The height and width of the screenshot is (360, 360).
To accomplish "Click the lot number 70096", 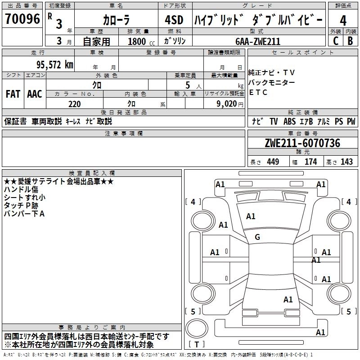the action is (22, 19).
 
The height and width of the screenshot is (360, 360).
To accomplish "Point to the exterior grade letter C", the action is (335, 40).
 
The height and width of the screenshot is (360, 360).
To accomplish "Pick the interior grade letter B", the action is (351, 40).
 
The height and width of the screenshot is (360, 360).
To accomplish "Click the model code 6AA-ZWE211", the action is (258, 41).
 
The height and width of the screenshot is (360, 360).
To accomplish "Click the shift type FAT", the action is (13, 94).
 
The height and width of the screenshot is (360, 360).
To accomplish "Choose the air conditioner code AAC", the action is (35, 94).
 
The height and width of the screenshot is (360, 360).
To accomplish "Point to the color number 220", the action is (74, 104).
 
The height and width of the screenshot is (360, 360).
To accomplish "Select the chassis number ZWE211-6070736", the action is (302, 143).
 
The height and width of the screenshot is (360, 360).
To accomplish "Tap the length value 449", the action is (272, 162).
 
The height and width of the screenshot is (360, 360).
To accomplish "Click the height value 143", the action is (346, 162).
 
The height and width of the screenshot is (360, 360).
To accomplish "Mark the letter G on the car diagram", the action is (257, 237).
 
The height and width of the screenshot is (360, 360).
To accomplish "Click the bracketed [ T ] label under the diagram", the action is (197, 344).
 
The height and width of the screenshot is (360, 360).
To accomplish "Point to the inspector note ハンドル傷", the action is (21, 189).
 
